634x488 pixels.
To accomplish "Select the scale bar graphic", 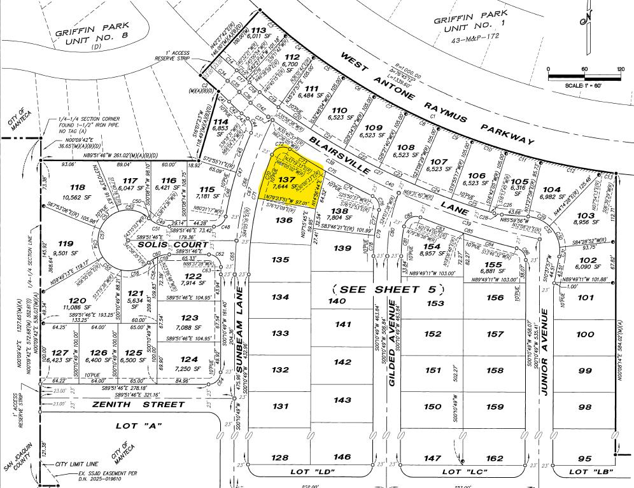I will (585, 77).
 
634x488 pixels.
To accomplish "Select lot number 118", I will (78, 187).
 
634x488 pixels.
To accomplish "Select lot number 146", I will (342, 457).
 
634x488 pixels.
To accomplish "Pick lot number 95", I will (584, 459).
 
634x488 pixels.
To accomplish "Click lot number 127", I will (60, 353).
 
